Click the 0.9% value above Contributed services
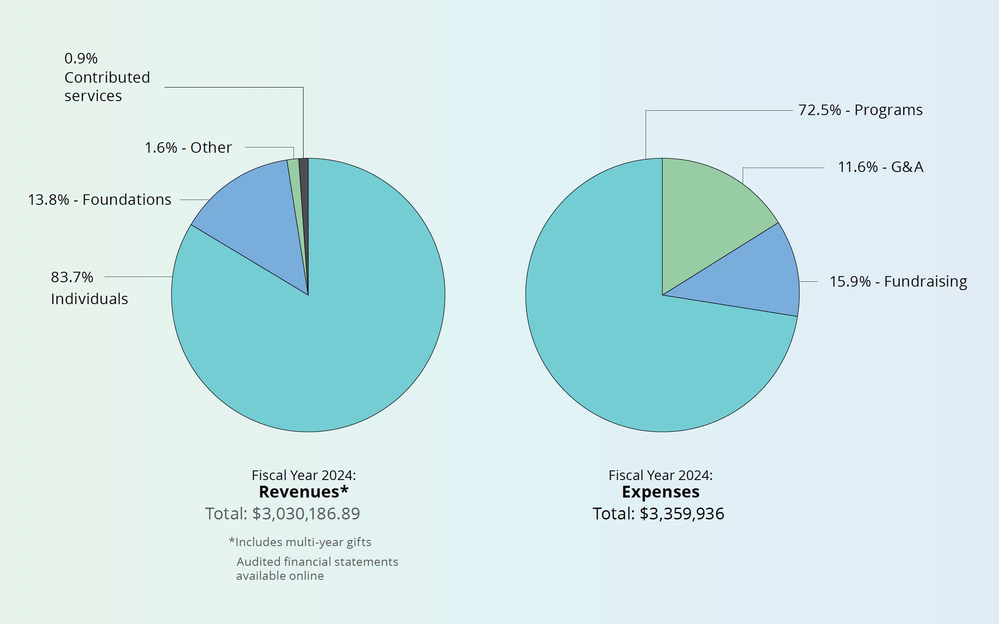[x=81, y=58]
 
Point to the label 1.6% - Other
[x=188, y=148]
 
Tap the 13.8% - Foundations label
[x=100, y=200]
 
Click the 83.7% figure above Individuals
[x=72, y=277]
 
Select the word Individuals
[x=89, y=299]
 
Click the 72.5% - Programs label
[x=860, y=110]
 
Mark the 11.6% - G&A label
[x=880, y=167]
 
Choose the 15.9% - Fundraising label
[x=898, y=281]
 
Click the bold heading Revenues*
[x=304, y=492]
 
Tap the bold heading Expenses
[x=660, y=492]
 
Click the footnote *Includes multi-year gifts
[x=300, y=542]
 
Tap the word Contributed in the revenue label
[x=107, y=77]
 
